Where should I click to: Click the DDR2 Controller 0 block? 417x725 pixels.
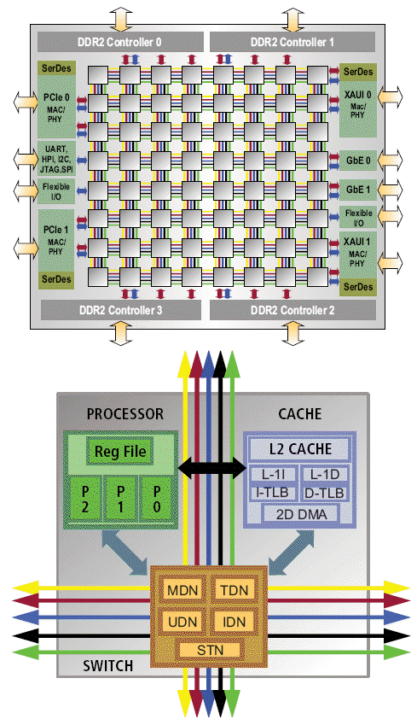120,42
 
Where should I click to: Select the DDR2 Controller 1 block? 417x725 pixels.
292,42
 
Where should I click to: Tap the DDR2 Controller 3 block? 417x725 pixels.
121,310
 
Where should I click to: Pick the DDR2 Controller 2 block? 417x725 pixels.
292,310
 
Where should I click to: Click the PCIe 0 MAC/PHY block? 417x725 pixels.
56,108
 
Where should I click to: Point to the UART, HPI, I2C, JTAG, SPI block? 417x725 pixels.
56,159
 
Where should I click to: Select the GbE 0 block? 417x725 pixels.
358,161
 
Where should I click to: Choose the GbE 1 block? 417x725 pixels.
358,190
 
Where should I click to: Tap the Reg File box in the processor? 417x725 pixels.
120,451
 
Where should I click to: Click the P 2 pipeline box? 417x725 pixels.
85,499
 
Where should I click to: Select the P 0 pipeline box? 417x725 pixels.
157,499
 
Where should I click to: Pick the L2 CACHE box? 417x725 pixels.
300,449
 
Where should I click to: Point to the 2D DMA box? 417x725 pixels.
301,514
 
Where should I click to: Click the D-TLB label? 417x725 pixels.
324,494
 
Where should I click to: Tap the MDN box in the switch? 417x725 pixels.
182,590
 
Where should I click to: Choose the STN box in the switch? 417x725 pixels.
210,650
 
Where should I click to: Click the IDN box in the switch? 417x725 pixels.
235,622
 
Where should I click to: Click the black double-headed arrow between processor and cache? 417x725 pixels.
212,468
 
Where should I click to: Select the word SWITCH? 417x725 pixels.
108,666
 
